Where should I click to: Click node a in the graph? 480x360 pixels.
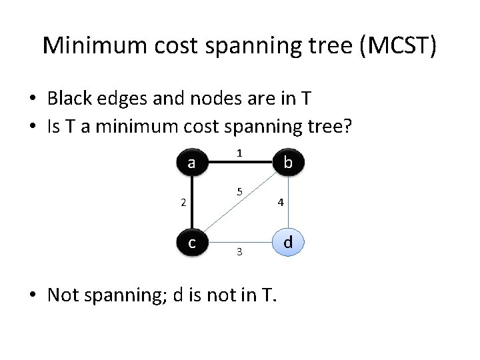point(192,163)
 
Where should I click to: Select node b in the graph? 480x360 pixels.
point(288,163)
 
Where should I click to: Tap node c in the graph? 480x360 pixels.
point(192,243)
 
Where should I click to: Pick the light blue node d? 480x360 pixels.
point(288,242)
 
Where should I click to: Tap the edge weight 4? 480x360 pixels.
point(282,203)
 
